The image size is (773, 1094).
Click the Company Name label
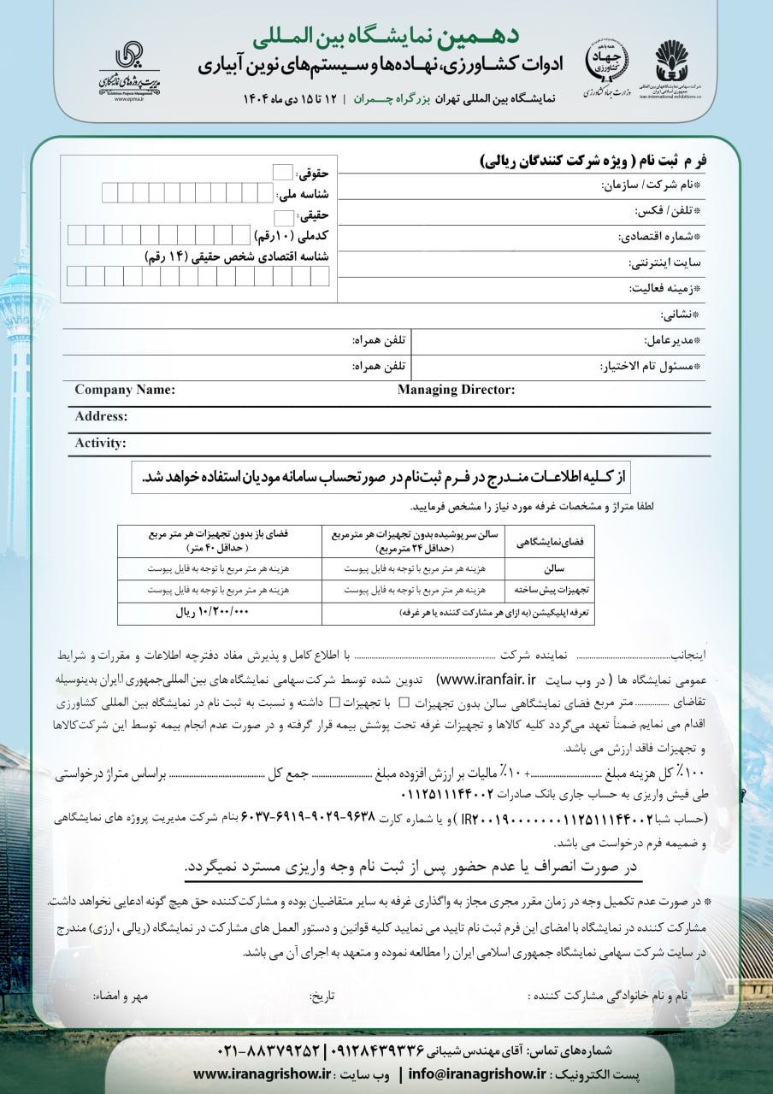(125, 390)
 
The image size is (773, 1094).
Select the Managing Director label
(456, 390)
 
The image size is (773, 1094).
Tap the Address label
(101, 416)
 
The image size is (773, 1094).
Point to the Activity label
(100, 443)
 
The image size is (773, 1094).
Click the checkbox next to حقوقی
(282, 172)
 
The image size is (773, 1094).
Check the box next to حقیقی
(283, 216)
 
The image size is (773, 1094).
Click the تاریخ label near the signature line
(322, 997)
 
